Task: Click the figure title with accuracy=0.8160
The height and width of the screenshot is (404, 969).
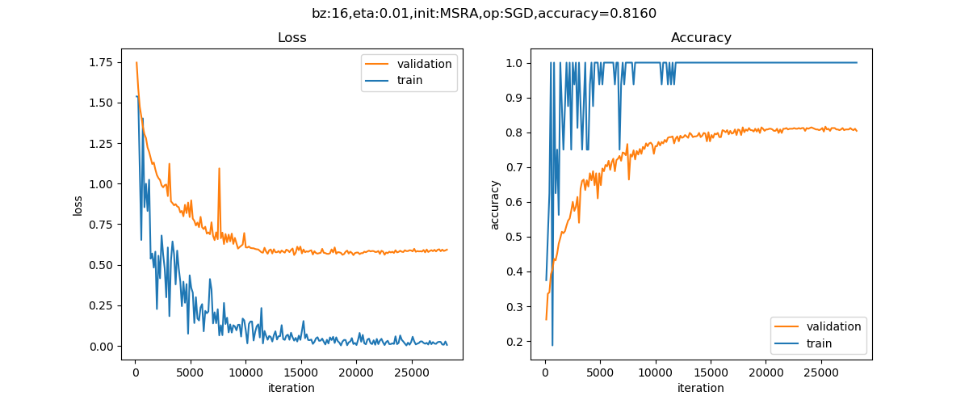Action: point(484,13)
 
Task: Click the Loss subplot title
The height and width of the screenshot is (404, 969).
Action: point(292,38)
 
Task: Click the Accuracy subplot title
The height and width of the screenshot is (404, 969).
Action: point(701,38)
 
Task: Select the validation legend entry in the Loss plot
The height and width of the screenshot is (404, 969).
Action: point(424,64)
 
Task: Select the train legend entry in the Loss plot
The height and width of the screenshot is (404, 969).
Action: point(409,80)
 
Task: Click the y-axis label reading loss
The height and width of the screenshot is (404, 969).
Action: point(78,205)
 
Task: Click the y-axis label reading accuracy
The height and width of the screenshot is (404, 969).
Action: point(494,205)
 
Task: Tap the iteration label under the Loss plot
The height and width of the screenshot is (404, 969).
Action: point(292,389)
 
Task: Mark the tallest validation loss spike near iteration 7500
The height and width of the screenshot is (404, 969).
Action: point(219,169)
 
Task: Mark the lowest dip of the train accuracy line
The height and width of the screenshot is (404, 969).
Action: point(552,345)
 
